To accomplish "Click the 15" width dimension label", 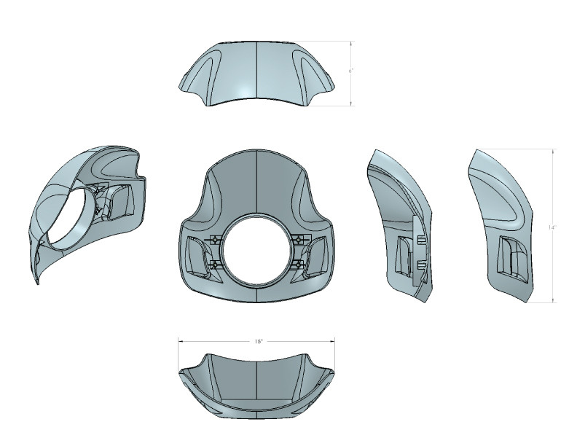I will click(258, 340).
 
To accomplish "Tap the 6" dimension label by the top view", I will click(350, 71).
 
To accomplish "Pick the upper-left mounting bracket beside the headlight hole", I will click(216, 240).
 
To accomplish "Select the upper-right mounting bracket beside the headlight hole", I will click(298, 240).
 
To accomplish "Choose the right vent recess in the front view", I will click(318, 255).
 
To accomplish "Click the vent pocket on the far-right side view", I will click(511, 259).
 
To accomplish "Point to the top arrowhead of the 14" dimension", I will click(554, 152).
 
